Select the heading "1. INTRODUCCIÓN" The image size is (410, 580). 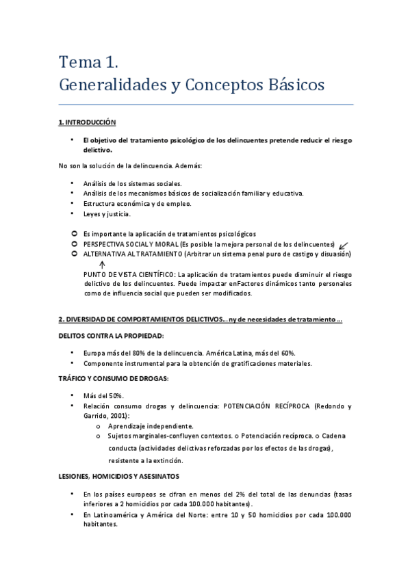pyautogui.click(x=88, y=122)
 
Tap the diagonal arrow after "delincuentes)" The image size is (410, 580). pyautogui.click(x=343, y=244)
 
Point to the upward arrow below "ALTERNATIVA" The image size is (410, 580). pyautogui.click(x=101, y=264)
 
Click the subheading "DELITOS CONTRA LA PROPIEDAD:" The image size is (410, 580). pyautogui.click(x=111, y=335)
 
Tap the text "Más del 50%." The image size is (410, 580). pyautogui.click(x=105, y=395)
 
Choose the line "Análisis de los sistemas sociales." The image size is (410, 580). pyautogui.click(x=132, y=183)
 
